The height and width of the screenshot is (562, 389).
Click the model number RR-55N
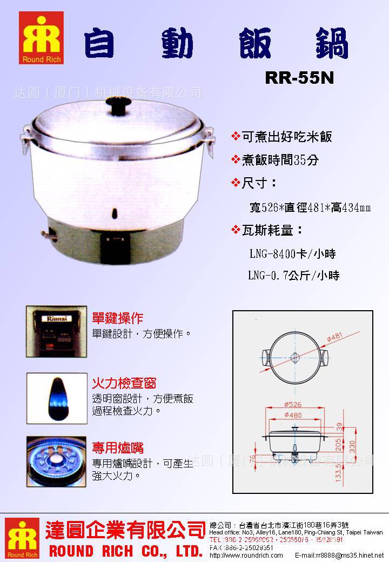pos(299,78)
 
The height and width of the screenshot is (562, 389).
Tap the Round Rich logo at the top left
pos(41,38)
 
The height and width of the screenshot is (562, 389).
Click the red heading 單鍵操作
pos(118,318)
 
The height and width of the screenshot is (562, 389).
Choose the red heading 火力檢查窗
pos(124,384)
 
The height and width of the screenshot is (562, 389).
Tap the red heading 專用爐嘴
pos(118,448)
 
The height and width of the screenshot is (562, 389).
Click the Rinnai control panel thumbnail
pos(57,331)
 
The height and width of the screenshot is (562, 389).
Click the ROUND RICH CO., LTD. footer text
pos(125,551)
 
